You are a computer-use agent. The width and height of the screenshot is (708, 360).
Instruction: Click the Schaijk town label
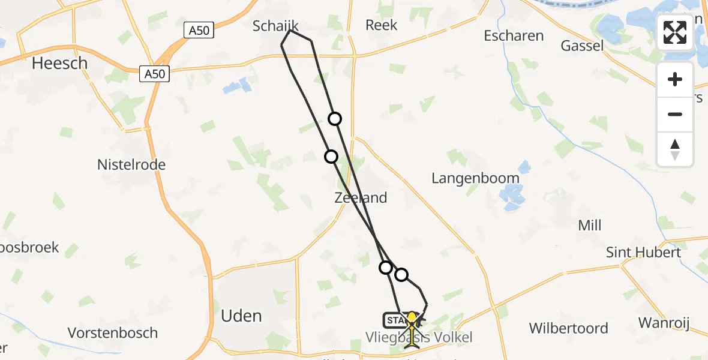click(x=275, y=26)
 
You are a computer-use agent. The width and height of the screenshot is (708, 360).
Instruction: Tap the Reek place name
click(x=382, y=25)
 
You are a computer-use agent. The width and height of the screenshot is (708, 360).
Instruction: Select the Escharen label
click(x=514, y=35)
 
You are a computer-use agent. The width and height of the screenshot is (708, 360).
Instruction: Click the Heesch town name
click(x=59, y=63)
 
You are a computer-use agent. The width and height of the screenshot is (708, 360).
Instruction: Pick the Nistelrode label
click(x=131, y=164)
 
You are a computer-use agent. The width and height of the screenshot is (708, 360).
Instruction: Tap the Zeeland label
click(x=361, y=197)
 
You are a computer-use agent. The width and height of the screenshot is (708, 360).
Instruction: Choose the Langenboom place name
click(x=476, y=178)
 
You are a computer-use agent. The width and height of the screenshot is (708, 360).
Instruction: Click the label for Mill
click(x=589, y=226)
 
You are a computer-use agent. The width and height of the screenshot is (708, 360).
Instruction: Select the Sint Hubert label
click(x=643, y=252)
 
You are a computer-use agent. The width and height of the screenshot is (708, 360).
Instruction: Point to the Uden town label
click(x=241, y=316)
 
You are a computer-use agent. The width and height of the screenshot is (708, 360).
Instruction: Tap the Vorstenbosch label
click(x=113, y=333)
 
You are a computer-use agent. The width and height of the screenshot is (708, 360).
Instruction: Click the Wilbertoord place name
click(x=568, y=328)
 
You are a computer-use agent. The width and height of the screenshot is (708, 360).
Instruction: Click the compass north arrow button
click(x=675, y=149)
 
